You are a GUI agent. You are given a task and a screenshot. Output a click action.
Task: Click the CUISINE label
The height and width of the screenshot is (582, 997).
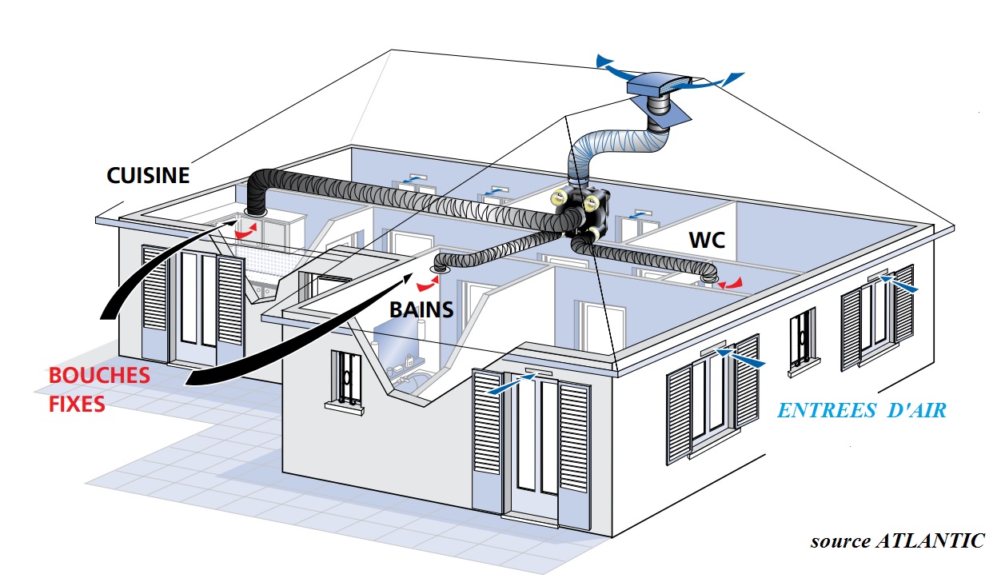(148, 175)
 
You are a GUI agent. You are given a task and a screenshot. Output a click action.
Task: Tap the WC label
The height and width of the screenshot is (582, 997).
(708, 240)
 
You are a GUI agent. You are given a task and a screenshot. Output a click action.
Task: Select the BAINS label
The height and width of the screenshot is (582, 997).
(421, 309)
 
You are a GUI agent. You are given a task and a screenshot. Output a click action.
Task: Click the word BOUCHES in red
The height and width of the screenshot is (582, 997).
(99, 376)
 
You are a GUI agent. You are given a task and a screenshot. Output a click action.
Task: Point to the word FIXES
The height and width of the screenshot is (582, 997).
(77, 404)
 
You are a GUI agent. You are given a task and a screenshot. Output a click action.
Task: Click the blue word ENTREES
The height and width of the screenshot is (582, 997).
(827, 410)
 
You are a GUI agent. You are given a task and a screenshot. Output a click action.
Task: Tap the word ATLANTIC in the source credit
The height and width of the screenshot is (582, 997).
(930, 540)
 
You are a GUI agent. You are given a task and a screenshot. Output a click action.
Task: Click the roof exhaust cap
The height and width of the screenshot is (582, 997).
(659, 86)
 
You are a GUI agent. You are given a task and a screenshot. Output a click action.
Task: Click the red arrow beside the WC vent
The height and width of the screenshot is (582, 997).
(731, 282)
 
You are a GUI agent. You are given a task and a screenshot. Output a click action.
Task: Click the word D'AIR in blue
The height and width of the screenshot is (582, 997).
(917, 410)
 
